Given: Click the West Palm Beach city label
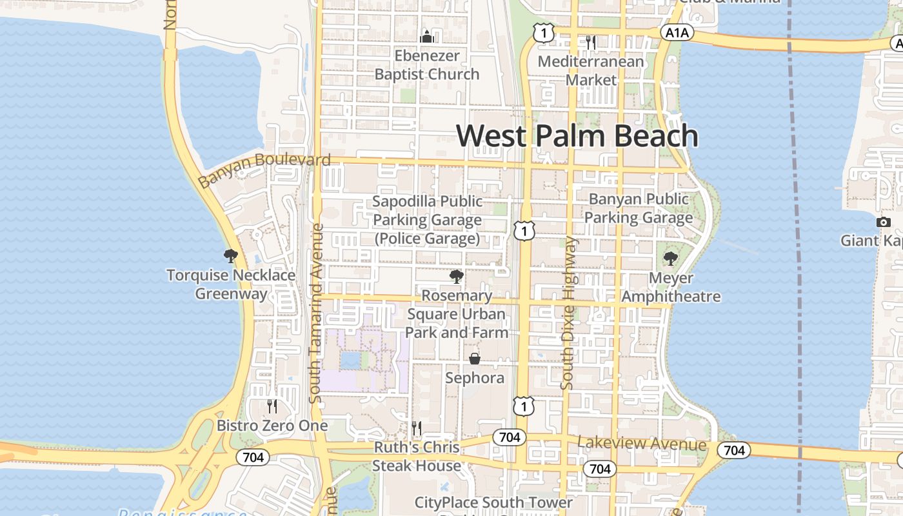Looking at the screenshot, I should click(x=577, y=136).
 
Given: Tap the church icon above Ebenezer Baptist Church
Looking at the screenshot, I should click(x=426, y=37).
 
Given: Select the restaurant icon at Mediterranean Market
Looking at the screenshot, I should click(x=590, y=43).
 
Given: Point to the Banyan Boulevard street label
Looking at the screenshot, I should click(x=264, y=169).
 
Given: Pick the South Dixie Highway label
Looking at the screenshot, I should click(x=568, y=313).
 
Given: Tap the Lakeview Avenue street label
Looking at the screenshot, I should click(x=642, y=444).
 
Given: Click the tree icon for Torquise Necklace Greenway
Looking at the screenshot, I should click(x=230, y=256).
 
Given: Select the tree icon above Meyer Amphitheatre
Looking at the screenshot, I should click(x=671, y=259).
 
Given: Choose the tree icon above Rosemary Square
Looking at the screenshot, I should click(x=457, y=277).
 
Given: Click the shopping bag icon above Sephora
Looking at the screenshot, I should click(x=475, y=359).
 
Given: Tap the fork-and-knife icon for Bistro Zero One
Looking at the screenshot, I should click(x=272, y=406).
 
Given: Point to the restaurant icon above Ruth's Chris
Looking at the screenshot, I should click(x=417, y=428).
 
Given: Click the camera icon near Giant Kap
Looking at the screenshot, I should click(x=883, y=222).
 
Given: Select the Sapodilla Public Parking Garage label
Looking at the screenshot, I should click(x=427, y=220).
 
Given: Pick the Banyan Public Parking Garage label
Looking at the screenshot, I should click(x=639, y=208).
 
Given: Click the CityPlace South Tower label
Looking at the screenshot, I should click(x=493, y=502).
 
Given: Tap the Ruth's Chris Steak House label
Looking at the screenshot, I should click(x=417, y=456).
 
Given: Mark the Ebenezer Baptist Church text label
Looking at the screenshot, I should click(x=427, y=65).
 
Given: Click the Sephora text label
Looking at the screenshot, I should click(x=475, y=378).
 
